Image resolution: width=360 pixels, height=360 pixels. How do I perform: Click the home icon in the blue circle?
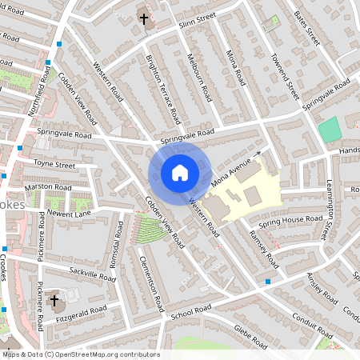[180, 173]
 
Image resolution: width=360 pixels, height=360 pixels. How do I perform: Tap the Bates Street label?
[306, 28]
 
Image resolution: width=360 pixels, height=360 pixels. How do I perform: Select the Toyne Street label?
[54, 165]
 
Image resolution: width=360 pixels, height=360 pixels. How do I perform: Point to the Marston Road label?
[43, 186]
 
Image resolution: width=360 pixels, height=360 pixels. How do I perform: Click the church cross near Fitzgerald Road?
[54, 302]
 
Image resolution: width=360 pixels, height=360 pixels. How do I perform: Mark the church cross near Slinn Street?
[145, 18]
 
